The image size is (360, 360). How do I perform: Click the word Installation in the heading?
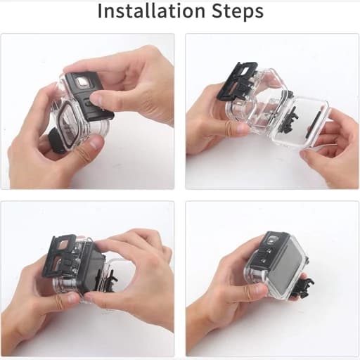coord(151,11)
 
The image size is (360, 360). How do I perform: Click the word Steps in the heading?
coord(238,12)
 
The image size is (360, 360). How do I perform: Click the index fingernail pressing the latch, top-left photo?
coord(96,98)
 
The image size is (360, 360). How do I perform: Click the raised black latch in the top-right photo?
coord(237,83)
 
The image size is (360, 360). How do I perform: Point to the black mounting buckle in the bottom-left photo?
coord(108,278)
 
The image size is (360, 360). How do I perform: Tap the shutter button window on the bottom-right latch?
coord(272,240)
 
